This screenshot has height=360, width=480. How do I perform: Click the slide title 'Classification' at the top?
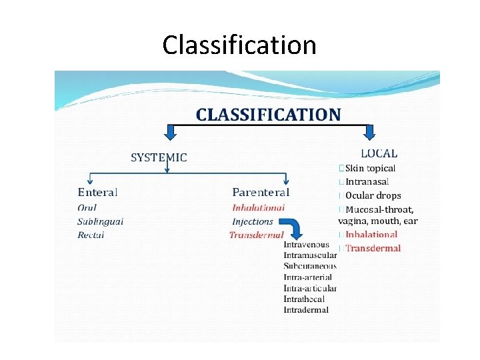click(x=239, y=45)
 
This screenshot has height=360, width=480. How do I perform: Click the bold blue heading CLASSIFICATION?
click(x=268, y=114)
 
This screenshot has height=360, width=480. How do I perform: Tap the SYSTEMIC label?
click(x=159, y=158)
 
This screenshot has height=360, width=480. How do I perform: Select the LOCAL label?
click(x=379, y=153)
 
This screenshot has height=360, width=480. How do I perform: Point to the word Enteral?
click(x=97, y=193)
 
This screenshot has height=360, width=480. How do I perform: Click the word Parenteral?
click(x=261, y=193)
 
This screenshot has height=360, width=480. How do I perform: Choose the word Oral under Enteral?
click(x=87, y=208)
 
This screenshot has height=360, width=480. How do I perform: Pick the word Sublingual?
click(x=100, y=221)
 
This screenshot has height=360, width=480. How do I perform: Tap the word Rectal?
click(x=91, y=235)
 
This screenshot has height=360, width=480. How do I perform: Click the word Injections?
click(x=253, y=221)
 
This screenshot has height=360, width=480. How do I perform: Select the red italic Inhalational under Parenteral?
click(x=258, y=208)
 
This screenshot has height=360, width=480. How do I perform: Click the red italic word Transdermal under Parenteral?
click(x=256, y=235)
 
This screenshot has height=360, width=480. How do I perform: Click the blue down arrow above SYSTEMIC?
click(x=170, y=133)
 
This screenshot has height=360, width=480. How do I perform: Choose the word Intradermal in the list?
click(x=306, y=309)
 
